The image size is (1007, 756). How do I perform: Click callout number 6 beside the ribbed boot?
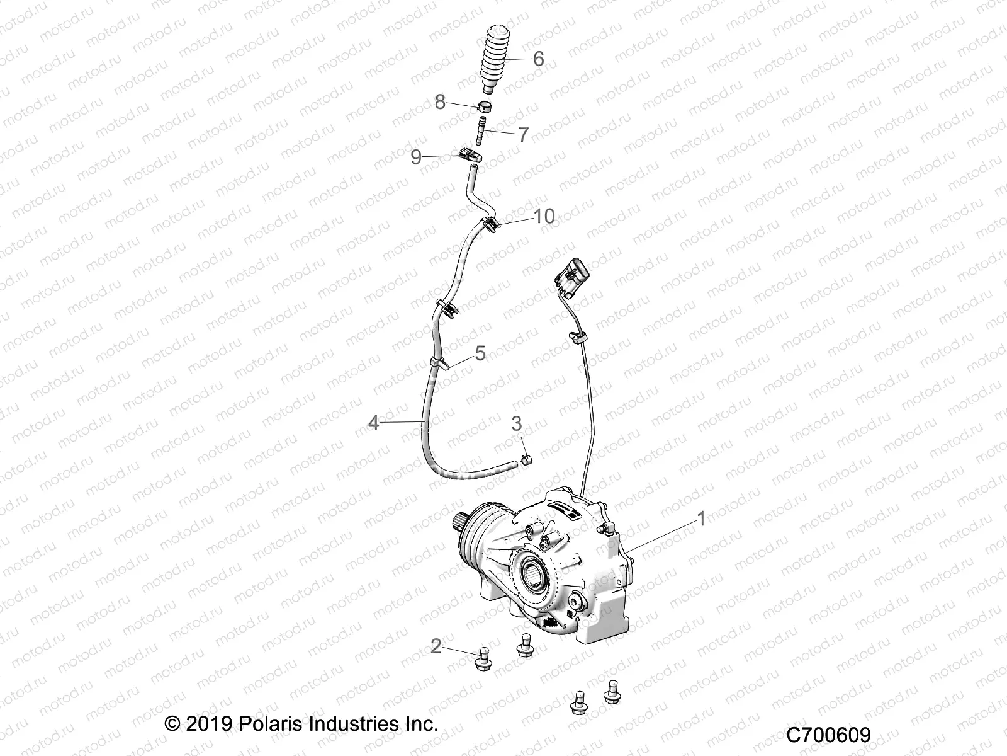tap(538, 59)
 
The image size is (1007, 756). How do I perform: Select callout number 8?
tap(440, 101)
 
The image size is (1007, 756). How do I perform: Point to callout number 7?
tap(523, 134)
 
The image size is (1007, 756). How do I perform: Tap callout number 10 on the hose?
tap(544, 216)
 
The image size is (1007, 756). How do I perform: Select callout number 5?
tap(480, 353)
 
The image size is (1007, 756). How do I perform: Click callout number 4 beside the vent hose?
tap(374, 422)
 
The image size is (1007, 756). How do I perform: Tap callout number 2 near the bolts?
tap(436, 646)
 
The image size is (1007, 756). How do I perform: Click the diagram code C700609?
tap(828, 735)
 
